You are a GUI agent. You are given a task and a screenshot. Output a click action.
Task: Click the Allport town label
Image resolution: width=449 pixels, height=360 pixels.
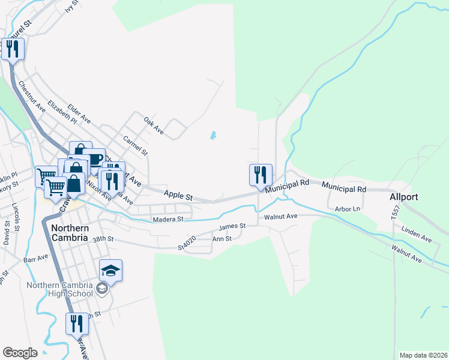coord(403,197)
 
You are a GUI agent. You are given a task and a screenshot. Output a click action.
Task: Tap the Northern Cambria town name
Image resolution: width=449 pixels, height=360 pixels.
coord(70,233)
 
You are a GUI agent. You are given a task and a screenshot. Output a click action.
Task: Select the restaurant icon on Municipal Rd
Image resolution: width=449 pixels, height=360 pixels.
coord(261,175)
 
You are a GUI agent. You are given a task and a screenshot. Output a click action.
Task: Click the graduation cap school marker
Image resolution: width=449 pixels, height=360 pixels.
coord(110,271)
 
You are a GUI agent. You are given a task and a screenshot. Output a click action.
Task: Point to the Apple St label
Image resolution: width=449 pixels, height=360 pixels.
coord(178,196)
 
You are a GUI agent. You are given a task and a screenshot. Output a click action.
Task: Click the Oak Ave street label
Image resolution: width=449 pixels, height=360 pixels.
coord(154,125)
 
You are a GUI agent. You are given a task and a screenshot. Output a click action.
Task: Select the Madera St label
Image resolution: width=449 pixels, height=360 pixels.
coord(168,220)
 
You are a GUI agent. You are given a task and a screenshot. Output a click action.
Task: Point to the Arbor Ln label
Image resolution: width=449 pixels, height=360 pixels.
coord(348,209)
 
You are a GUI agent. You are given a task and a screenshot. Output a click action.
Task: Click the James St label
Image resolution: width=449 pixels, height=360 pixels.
coord(232,227)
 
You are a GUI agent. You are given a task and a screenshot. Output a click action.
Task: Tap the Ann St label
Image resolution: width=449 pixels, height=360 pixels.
coord(222,239)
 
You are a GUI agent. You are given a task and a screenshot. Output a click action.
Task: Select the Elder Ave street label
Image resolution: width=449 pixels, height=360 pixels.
coord(79,112)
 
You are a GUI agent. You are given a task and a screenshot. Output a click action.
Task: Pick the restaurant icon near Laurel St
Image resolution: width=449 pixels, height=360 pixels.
coord(13,50)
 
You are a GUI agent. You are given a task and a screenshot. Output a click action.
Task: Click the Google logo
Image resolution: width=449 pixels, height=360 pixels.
coord(20,353)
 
